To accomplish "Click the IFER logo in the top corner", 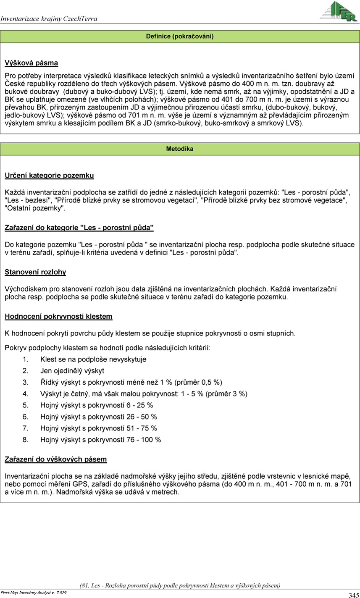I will click(x=338, y=11).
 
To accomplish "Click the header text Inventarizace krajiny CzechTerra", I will click(x=49, y=19).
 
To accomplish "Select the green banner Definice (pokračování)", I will click(x=180, y=37).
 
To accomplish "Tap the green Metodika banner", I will click(x=180, y=149).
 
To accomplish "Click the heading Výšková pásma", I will click(x=31, y=63).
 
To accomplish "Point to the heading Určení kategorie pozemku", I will click(x=49, y=175).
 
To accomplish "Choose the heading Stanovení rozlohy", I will click(x=35, y=272).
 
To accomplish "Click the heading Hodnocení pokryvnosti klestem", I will click(x=58, y=316).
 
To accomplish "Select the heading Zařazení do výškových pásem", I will click(x=55, y=459).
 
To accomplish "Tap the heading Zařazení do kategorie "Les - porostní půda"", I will click(x=79, y=228).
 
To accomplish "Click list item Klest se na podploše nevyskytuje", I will click(x=93, y=359).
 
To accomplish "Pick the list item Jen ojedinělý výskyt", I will click(x=72, y=371).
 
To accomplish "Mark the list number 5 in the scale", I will click(x=26, y=405).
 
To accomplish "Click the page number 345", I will click(x=353, y=595).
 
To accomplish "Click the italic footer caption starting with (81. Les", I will click(x=180, y=585).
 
